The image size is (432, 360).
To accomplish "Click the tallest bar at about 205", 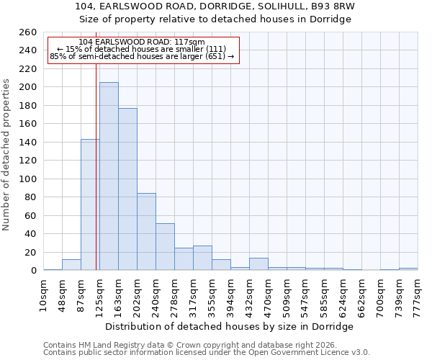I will pos(109,176).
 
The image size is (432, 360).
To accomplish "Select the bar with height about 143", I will pos(90,204).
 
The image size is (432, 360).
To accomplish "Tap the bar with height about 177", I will pos(127,189).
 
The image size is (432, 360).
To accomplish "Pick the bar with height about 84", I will pos(146,232).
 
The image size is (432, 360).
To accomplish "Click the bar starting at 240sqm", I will pos(165,247).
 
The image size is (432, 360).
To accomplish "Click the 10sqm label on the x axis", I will pos(43,293).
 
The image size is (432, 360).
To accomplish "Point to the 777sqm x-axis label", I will pos(418,293).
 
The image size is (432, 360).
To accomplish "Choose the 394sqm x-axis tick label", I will pos(230,293).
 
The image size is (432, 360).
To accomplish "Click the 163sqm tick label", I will pos(118,293).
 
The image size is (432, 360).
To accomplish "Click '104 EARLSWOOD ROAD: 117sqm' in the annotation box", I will pos(142,42).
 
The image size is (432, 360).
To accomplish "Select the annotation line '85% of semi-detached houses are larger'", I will pos(142,56).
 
